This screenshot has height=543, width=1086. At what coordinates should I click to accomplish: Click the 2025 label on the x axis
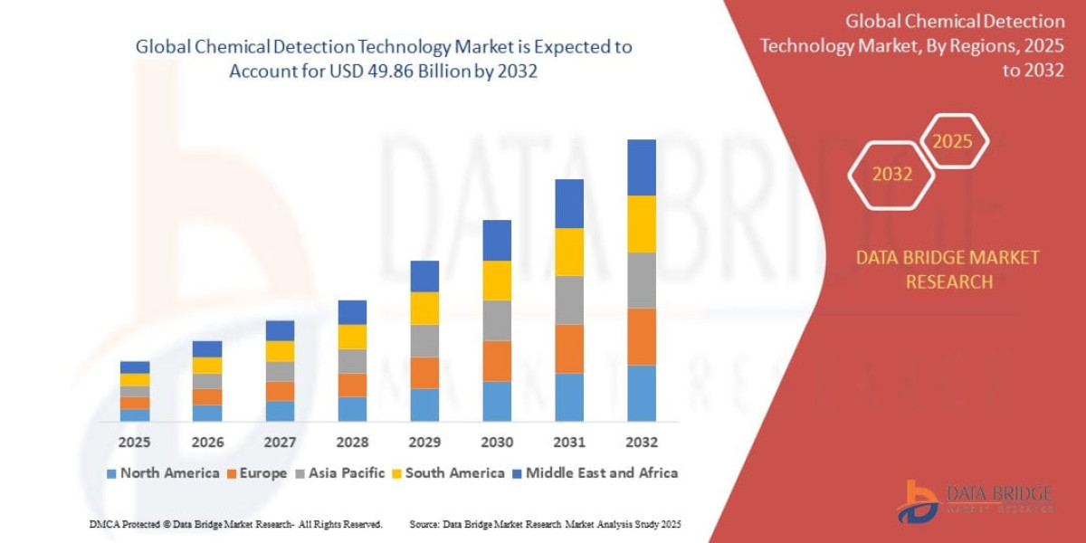(x=134, y=443)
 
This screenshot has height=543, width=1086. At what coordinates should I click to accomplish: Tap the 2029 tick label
(x=424, y=443)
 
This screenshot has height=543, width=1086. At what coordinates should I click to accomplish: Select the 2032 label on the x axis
(x=641, y=443)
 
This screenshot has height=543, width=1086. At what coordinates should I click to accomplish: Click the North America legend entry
(x=163, y=472)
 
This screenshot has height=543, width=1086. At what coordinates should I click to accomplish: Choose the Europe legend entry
(x=256, y=472)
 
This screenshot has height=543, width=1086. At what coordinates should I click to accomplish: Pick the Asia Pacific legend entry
(x=339, y=472)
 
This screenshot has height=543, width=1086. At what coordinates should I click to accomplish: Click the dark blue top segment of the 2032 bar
(x=641, y=167)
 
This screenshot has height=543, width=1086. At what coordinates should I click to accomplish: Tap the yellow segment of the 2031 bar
(x=569, y=252)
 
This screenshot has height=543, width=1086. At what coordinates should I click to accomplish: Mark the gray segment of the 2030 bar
(x=497, y=320)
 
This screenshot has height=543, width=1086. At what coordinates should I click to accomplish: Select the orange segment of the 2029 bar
(x=424, y=373)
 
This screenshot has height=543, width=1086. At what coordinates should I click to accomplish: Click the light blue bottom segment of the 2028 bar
(x=352, y=409)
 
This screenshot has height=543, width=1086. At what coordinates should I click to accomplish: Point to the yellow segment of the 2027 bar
(x=280, y=351)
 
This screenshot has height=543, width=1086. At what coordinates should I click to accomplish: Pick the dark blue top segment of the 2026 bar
(x=207, y=348)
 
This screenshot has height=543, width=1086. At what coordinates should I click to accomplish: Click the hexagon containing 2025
(x=952, y=141)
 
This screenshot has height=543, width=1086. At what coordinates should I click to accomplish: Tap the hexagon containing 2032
(x=892, y=175)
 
